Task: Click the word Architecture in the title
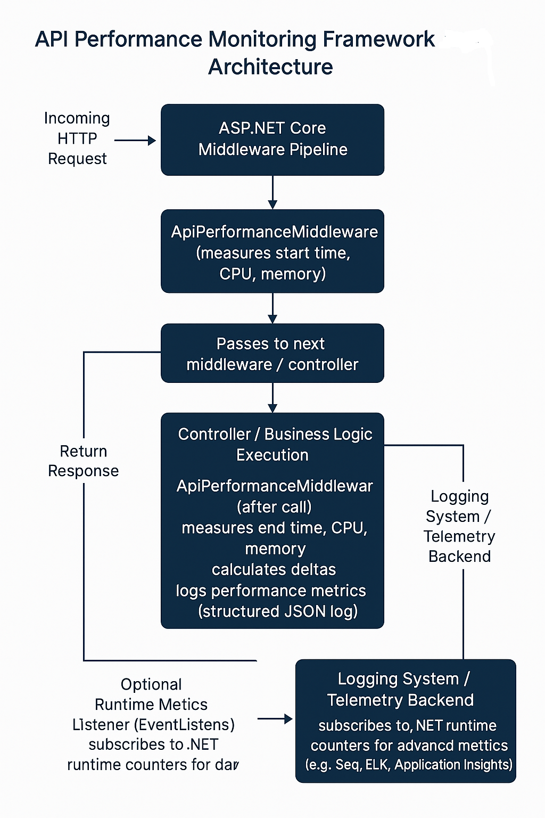(270, 67)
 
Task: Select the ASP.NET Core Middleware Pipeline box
(272, 140)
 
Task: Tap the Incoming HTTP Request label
(77, 138)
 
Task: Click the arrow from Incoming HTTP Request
(135, 140)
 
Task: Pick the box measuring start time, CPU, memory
(272, 251)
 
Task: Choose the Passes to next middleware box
(272, 353)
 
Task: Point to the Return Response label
(83, 461)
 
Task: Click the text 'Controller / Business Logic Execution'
(275, 445)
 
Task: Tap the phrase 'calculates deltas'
(274, 570)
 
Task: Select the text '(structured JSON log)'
(278, 611)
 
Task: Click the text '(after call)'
(274, 507)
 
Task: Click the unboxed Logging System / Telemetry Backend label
(459, 526)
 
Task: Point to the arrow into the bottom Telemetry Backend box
(275, 719)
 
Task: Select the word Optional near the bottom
(151, 684)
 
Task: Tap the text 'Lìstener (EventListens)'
(153, 725)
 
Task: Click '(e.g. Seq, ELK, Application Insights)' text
(409, 765)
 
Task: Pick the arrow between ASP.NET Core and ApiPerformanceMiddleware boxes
(272, 192)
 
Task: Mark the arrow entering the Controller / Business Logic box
(272, 398)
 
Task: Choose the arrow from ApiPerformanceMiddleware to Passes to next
(272, 308)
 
